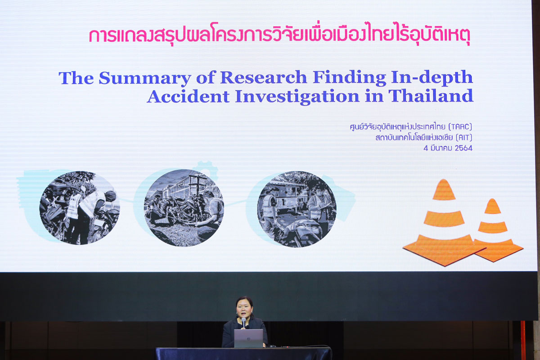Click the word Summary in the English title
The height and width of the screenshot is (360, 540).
click(x=144, y=78)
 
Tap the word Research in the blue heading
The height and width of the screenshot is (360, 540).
click(x=264, y=78)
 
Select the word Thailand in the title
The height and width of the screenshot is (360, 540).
click(x=431, y=96)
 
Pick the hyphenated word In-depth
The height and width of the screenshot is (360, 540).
click(x=432, y=78)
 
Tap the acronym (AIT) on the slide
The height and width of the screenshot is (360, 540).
click(x=463, y=138)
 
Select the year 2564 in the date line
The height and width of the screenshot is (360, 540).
click(x=463, y=148)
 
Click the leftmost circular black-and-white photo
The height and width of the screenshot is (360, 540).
click(x=80, y=208)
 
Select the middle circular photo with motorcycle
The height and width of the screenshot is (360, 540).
click(x=184, y=208)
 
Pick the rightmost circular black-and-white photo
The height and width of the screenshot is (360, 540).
click(x=297, y=209)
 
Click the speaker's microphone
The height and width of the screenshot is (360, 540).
click(x=243, y=322)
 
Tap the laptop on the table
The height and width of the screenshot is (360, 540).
click(x=248, y=338)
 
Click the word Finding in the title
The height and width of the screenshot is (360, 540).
click(x=349, y=78)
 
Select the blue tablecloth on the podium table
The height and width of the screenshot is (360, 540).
click(x=243, y=354)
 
